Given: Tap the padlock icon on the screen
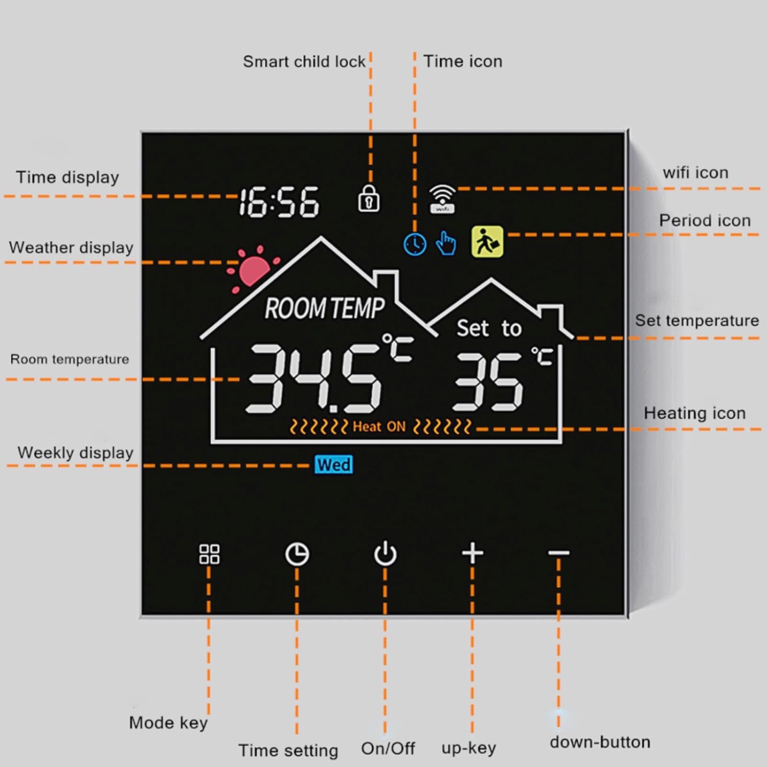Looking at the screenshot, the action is coord(368,198).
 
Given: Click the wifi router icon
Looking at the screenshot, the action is coord(442,199).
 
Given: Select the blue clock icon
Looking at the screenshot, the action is coord(415,244).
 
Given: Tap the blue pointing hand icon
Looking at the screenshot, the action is coord(446,243).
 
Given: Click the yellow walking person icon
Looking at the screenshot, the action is coord(487,241).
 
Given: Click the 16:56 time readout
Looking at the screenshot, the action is coord(279,202).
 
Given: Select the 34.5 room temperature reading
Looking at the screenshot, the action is coord(313,378).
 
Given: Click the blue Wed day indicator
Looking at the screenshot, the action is coord(334,465).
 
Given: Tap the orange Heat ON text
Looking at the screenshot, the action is coord(379,426).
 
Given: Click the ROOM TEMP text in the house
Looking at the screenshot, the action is coord(325,308).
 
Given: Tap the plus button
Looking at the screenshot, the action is coord(472,553).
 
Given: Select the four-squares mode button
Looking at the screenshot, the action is coord(209,554).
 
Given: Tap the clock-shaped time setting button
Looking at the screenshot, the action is coord(297,554).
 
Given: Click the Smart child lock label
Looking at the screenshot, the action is coord(304,62).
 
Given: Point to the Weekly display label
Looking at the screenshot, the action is coord(76,453).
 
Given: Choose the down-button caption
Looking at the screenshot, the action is coord(600,742).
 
